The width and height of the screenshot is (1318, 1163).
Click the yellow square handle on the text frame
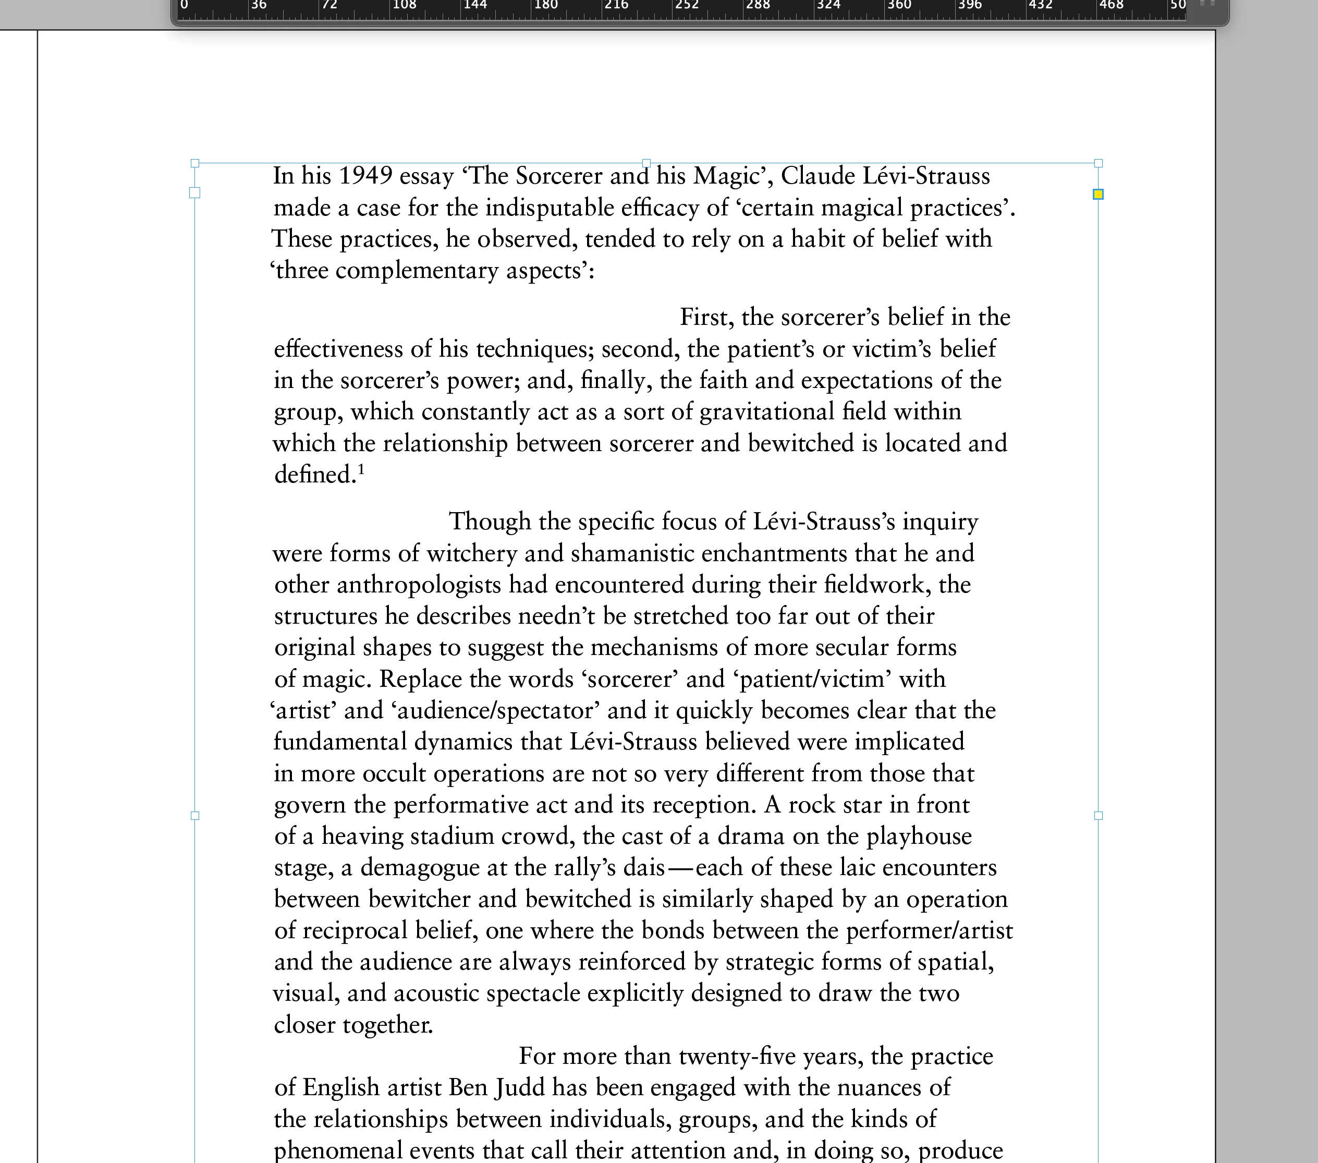pyautogui.click(x=1098, y=194)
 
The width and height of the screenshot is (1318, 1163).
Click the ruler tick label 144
pyautogui.click(x=475, y=5)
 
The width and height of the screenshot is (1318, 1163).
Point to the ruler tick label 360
pyautogui.click(x=899, y=5)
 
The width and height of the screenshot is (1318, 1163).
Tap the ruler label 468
pyautogui.click(x=1111, y=5)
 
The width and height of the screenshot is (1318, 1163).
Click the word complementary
pyautogui.click(x=417, y=271)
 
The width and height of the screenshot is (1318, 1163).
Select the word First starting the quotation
pyautogui.click(x=706, y=318)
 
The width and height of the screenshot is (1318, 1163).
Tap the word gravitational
pyautogui.click(x=767, y=412)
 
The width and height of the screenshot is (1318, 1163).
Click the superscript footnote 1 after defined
pyautogui.click(x=362, y=469)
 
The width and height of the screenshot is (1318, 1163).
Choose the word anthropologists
pyautogui.click(x=419, y=585)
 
